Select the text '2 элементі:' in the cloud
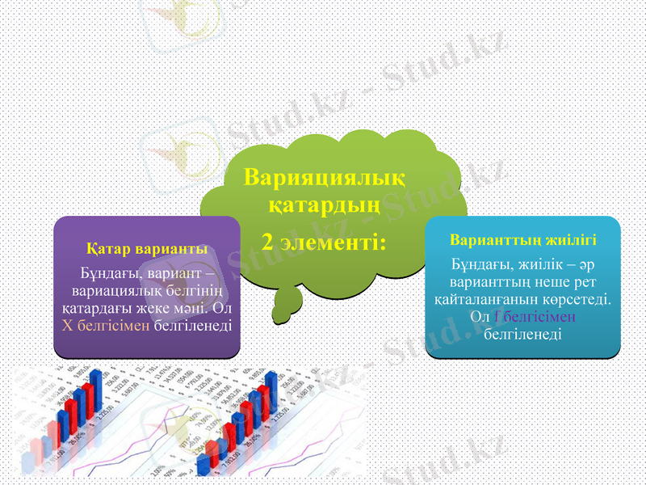point(324,240)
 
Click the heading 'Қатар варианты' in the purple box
point(147,247)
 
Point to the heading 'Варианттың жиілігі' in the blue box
point(523,240)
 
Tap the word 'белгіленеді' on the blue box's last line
point(523,332)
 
